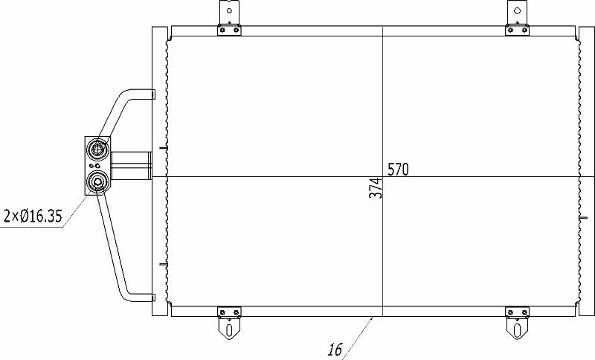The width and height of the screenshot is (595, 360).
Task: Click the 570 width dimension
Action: click(x=398, y=169)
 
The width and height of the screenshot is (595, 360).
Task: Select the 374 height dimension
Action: click(x=376, y=188)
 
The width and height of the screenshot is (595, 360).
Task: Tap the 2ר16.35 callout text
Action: click(x=33, y=216)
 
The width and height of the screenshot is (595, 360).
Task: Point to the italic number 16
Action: click(x=335, y=350)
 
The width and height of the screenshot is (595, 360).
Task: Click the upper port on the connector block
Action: click(x=98, y=148)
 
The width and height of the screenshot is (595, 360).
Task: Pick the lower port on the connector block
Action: click(x=98, y=183)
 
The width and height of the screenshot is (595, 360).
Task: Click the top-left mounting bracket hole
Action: click(x=229, y=10)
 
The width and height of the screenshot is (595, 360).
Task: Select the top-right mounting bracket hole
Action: click(x=517, y=10)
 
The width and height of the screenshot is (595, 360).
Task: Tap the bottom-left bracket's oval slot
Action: click(x=229, y=330)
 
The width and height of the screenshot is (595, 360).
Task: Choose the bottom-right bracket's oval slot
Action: click(x=517, y=330)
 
